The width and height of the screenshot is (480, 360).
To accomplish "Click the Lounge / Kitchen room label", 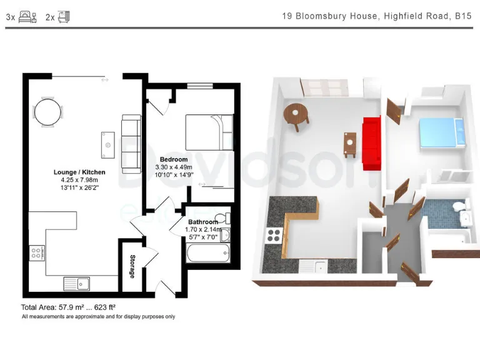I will pyautogui.click(x=79, y=172).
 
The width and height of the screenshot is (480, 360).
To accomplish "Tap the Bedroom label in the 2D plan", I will pyautogui.click(x=174, y=159).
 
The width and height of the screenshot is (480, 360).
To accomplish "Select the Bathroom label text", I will pyautogui.click(x=203, y=222).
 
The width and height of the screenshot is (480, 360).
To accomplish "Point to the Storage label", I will pyautogui.click(x=132, y=267).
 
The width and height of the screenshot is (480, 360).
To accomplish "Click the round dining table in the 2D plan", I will pyautogui.click(x=49, y=113).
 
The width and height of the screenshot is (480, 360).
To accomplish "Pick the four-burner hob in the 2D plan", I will pyautogui.click(x=36, y=253).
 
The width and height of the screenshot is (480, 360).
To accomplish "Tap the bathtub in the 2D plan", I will pyautogui.click(x=209, y=254).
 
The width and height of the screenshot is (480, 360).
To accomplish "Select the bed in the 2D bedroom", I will pyautogui.click(x=209, y=131).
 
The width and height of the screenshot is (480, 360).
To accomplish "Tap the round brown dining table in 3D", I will pyautogui.click(x=296, y=114).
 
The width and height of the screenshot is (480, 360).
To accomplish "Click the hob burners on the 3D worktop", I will pyautogui.click(x=274, y=236).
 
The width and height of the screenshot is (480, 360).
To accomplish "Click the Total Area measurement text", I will pyautogui.click(x=69, y=307).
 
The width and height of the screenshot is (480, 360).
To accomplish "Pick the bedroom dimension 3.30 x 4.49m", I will pyautogui.click(x=174, y=167).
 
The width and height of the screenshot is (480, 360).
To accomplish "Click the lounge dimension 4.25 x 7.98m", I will pyautogui.click(x=79, y=179).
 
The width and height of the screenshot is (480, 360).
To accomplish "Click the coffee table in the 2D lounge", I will pyautogui.click(x=108, y=144).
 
